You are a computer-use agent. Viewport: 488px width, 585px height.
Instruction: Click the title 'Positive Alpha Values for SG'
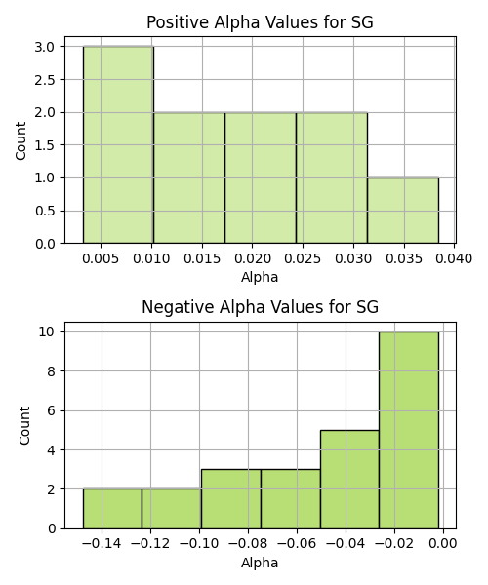click(x=260, y=22)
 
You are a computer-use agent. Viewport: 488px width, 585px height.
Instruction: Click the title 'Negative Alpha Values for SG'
click(x=260, y=307)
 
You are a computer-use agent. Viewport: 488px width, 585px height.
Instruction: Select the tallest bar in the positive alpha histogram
click(x=118, y=144)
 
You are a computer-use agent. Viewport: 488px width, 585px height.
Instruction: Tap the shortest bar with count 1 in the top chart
click(x=403, y=211)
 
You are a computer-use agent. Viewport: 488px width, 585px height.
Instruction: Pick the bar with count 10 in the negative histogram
click(x=409, y=430)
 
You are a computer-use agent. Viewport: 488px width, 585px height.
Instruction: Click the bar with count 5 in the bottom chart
click(x=349, y=479)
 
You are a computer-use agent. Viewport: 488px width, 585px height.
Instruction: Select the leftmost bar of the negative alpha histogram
click(x=112, y=509)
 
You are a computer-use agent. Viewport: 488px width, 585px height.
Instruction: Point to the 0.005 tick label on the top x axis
click(x=101, y=258)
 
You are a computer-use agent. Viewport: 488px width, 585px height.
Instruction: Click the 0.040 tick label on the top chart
click(x=454, y=258)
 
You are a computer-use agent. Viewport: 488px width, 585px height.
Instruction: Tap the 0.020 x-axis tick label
click(x=252, y=258)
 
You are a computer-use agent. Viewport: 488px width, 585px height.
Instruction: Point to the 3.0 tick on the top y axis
click(x=45, y=47)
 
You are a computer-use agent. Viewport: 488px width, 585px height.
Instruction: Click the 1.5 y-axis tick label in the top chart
click(x=45, y=145)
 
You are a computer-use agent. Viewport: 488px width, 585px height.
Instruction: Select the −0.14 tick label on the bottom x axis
click(x=102, y=544)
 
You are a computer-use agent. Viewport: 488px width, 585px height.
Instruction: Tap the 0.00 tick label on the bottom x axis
click(x=443, y=544)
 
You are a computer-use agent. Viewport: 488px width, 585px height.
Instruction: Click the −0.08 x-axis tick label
click(x=248, y=544)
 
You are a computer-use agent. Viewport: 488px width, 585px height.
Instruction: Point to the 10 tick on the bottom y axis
click(x=47, y=331)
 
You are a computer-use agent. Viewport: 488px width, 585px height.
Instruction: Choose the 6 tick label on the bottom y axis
click(x=51, y=410)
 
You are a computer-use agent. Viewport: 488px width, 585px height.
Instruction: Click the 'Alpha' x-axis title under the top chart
click(x=260, y=277)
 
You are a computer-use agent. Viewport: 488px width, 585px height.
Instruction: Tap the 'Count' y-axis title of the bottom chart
click(x=24, y=425)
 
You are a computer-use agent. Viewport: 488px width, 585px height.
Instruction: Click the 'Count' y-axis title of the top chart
click(x=20, y=140)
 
